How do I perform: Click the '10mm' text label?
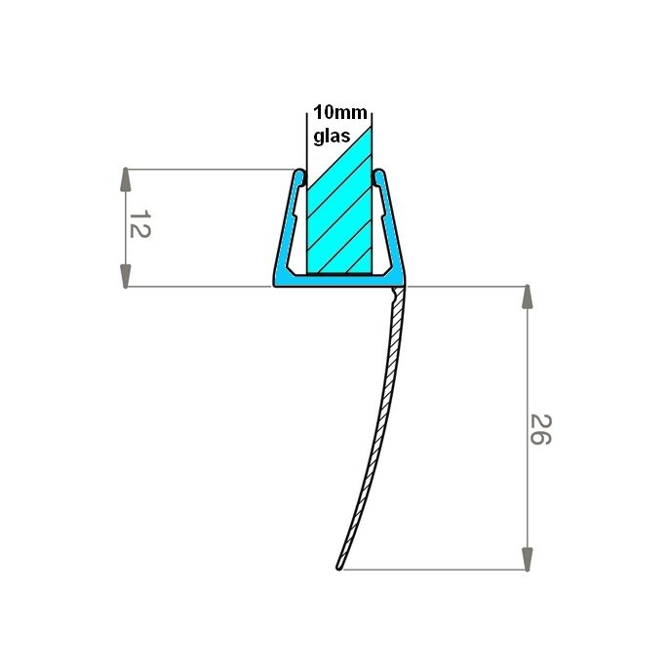click(x=334, y=111)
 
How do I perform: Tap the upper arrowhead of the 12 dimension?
click(x=126, y=180)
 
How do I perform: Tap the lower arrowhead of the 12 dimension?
click(x=126, y=275)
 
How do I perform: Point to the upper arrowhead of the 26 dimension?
click(x=527, y=297)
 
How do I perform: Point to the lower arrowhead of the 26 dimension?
click(x=527, y=559)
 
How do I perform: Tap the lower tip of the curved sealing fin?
click(x=339, y=566)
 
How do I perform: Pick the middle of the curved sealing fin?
click(x=379, y=429)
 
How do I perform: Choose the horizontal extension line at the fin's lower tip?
click(x=439, y=570)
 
